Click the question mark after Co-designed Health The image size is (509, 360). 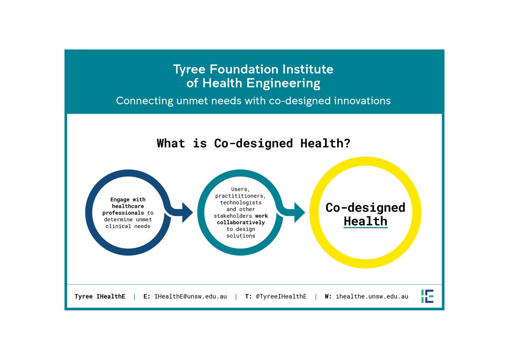point(347,143)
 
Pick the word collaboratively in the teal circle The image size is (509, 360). point(241,222)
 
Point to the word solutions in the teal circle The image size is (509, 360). point(241,236)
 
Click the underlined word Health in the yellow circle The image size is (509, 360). point(365,221)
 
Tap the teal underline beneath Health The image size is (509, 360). point(365,228)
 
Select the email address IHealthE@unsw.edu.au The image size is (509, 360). point(190,296)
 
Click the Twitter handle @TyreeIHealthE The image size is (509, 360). point(281,296)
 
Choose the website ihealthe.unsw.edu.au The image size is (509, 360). point(372,296)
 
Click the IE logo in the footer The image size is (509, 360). point(427,296)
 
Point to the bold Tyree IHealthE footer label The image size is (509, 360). point(100,296)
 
